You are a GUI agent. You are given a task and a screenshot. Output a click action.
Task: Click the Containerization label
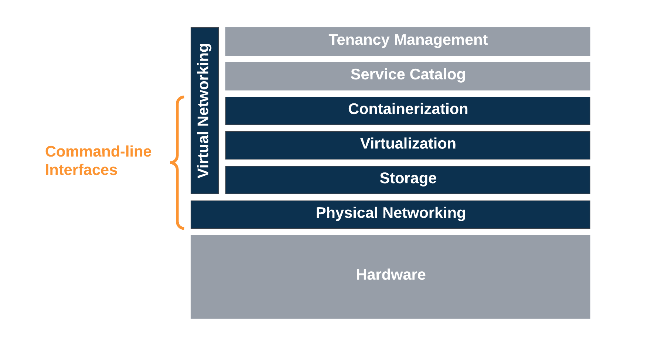click(x=408, y=109)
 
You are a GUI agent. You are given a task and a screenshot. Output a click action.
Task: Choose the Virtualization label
click(x=408, y=144)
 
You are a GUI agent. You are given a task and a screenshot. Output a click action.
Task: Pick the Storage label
click(x=408, y=178)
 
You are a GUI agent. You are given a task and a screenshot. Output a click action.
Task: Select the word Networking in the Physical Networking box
click(x=424, y=213)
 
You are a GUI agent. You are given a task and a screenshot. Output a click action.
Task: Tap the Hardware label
click(x=391, y=275)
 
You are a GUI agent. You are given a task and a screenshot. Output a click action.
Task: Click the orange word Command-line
click(x=98, y=151)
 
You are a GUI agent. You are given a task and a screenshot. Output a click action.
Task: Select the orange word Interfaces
click(x=81, y=170)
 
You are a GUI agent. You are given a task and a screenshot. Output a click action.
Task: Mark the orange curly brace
click(x=178, y=162)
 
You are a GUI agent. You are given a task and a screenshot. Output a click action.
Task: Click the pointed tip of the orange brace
click(x=171, y=162)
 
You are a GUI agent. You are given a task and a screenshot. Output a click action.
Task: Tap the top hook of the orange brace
click(x=181, y=97)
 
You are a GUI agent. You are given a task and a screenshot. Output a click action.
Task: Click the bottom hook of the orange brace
click(x=181, y=228)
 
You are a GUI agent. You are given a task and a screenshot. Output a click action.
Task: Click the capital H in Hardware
click(x=361, y=275)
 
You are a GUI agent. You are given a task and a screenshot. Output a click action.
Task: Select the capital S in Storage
click(x=385, y=178)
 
